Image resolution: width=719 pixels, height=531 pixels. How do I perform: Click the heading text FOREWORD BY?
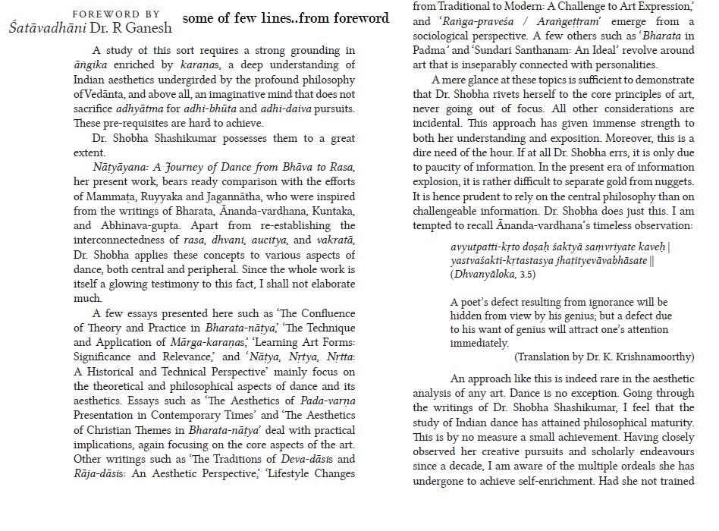(x=115, y=14)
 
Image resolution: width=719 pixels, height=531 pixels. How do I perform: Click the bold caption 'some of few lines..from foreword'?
(x=285, y=17)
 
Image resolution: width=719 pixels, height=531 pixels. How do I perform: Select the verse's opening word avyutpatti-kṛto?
(x=488, y=247)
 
